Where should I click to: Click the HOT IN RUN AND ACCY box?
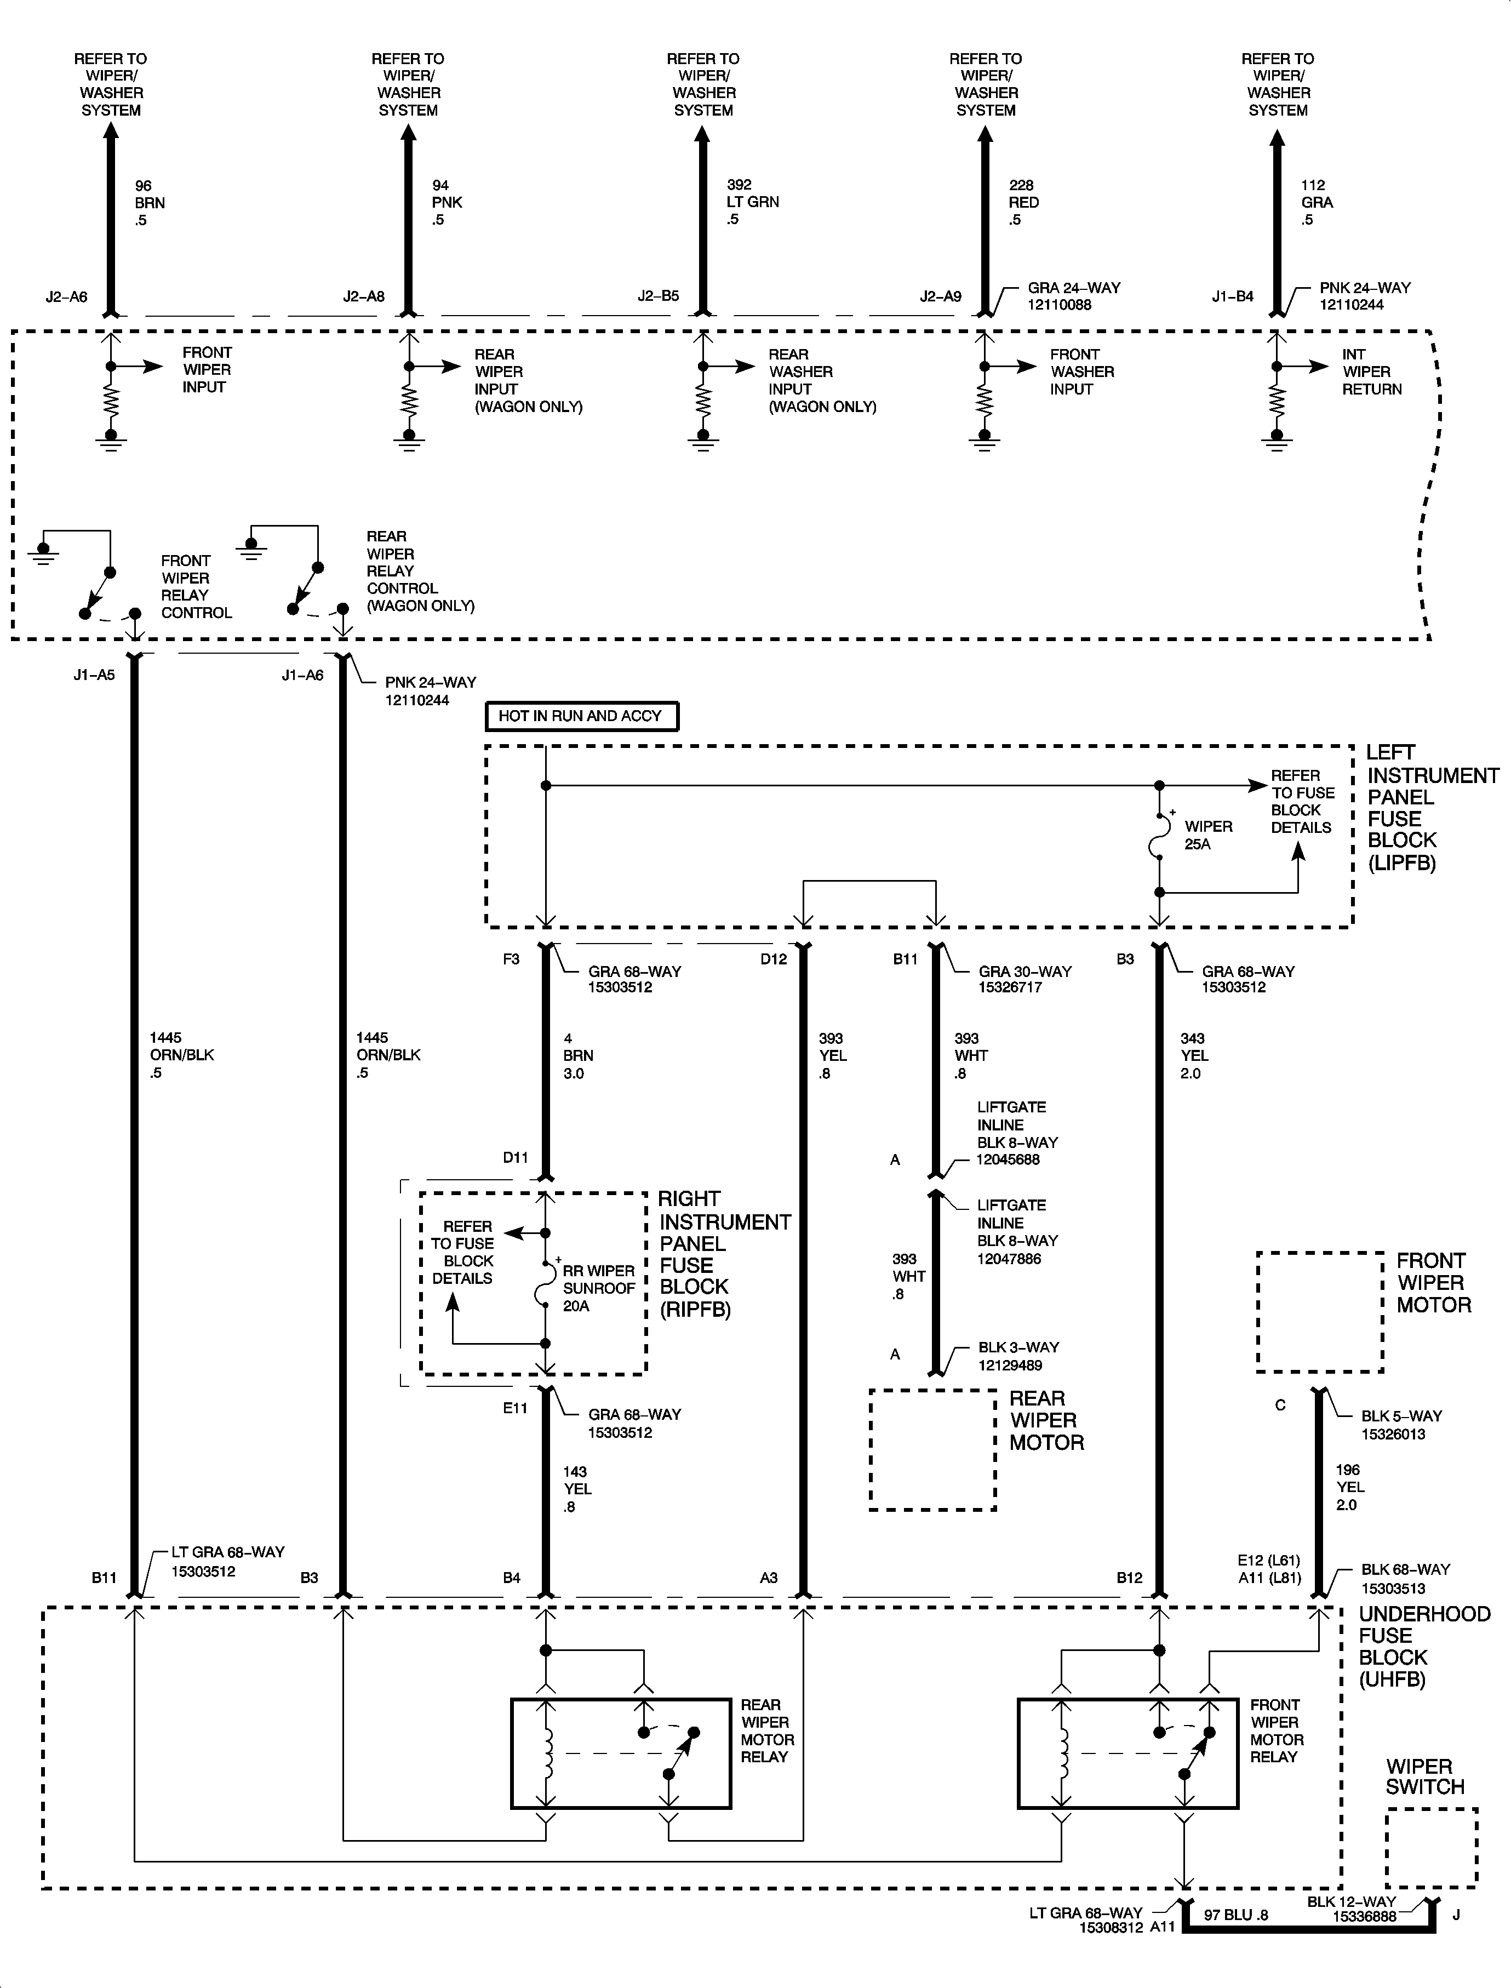click(581, 716)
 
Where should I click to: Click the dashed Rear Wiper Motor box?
click(932, 1449)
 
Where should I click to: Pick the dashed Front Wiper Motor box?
click(1319, 1311)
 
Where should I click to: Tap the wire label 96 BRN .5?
click(150, 202)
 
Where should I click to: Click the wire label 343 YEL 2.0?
click(1194, 1055)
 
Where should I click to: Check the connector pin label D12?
click(774, 959)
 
